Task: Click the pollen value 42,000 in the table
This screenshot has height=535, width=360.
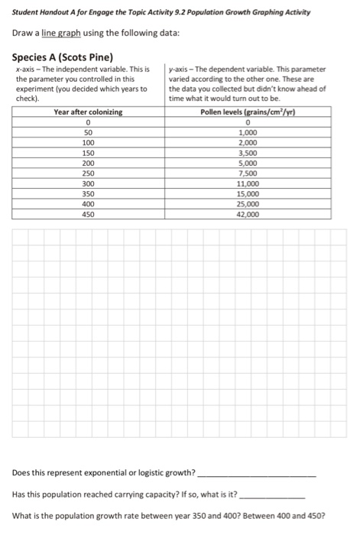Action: click(x=249, y=215)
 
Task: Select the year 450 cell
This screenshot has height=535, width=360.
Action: click(x=89, y=215)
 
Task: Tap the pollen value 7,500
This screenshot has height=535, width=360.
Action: click(x=249, y=173)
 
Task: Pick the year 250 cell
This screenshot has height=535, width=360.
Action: click(x=89, y=173)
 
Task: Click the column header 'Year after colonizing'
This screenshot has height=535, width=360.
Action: click(x=89, y=112)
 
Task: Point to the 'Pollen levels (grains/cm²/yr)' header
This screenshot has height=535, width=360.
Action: click(x=249, y=112)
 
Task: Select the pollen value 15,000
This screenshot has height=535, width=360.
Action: click(x=249, y=194)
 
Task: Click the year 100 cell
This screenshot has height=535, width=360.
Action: click(x=89, y=143)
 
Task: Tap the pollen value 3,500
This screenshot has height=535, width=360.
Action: click(x=249, y=153)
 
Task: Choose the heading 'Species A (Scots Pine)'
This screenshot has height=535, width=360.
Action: click(x=63, y=58)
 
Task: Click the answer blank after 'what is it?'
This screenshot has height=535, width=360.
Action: click(x=272, y=494)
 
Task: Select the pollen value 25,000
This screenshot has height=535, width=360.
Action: click(x=249, y=205)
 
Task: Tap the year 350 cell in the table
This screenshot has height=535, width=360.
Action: click(x=89, y=194)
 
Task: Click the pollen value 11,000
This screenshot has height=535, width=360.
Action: click(x=249, y=184)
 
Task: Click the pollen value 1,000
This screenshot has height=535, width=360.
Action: click(x=249, y=132)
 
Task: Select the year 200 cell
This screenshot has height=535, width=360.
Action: click(x=89, y=164)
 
